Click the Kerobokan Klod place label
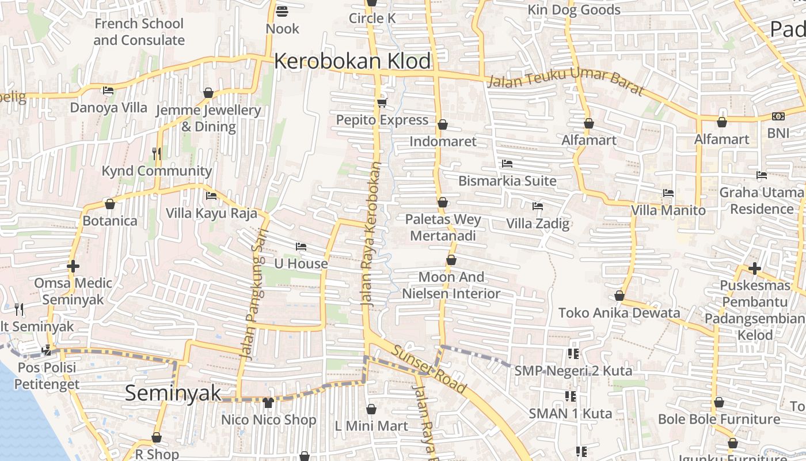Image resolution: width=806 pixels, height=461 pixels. click(352, 61)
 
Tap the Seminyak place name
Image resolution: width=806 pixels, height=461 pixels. click(173, 393)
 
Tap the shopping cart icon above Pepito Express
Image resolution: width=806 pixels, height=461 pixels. click(382, 103)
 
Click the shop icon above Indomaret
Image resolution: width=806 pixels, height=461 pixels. click(443, 124)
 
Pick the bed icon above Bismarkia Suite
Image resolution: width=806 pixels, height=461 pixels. click(507, 164)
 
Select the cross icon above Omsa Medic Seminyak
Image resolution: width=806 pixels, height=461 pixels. click(73, 267)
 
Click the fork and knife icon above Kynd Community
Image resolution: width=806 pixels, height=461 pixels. click(157, 153)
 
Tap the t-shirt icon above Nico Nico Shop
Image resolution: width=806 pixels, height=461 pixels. click(268, 402)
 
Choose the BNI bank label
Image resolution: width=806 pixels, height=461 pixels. click(778, 133)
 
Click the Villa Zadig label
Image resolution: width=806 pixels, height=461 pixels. click(538, 224)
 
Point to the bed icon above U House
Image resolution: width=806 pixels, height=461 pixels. click(301, 247)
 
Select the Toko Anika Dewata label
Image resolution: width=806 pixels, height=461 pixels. click(619, 313)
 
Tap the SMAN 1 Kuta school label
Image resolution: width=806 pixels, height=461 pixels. click(571, 413)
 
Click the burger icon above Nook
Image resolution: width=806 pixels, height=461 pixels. click(282, 11)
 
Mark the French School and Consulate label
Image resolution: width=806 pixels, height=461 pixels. click(139, 32)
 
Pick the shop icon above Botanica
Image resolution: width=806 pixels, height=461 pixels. click(110, 204)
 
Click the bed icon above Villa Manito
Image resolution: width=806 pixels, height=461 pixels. click(668, 193)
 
